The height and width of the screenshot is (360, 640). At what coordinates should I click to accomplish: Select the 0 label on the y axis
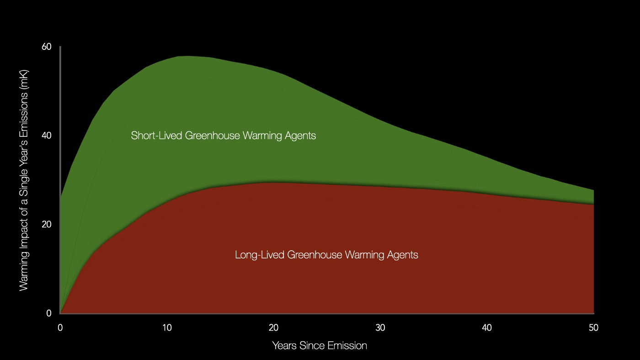(x=49, y=314)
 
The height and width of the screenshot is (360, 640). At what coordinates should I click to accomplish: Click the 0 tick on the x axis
(x=60, y=328)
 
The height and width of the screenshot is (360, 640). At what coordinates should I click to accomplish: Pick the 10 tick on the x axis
(x=167, y=328)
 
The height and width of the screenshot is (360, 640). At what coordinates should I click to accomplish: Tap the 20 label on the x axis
(x=273, y=328)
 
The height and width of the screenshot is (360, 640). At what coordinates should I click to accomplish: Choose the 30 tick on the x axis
(x=380, y=328)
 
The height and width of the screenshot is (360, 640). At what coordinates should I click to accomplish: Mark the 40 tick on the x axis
(x=487, y=328)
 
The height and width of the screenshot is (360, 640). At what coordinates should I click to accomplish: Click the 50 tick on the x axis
(x=593, y=328)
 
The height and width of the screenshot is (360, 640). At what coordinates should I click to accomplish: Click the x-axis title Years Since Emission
(x=320, y=346)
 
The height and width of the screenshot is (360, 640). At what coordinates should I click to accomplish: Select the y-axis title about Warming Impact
(x=24, y=180)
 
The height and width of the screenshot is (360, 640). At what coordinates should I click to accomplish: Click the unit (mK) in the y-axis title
(x=24, y=79)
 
